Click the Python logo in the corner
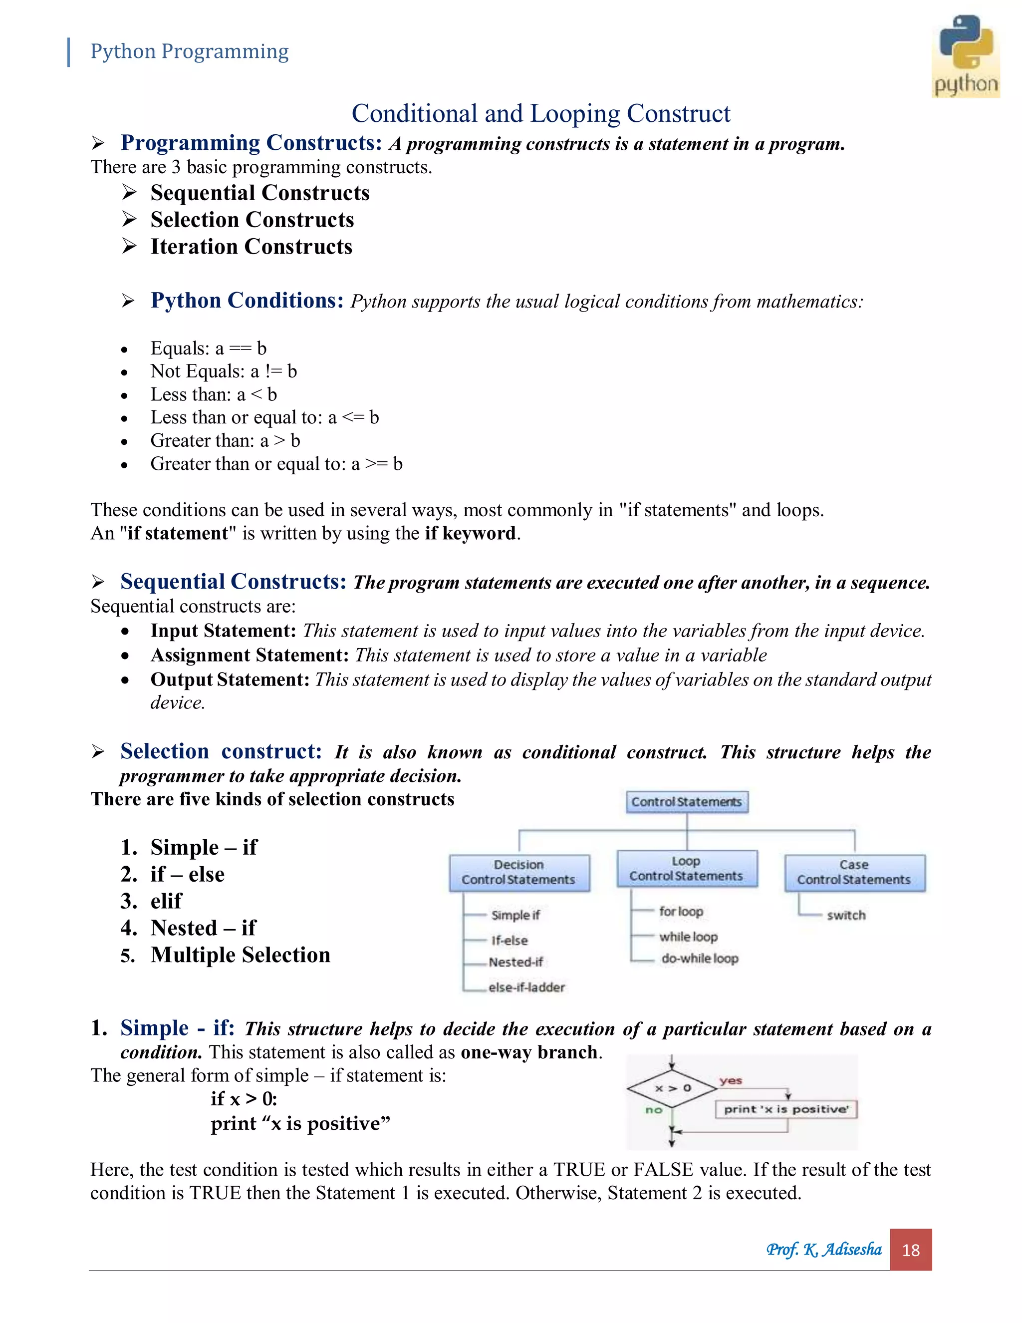[x=965, y=56]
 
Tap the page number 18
[x=910, y=1250]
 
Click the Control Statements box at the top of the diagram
[x=687, y=801]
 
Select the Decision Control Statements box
[x=519, y=872]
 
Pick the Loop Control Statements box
[x=687, y=869]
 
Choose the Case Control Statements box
[x=854, y=872]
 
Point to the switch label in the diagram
[x=846, y=915]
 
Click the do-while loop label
[x=699, y=959]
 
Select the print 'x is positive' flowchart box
[x=786, y=1109]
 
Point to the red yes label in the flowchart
[x=731, y=1081]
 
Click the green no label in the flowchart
[x=654, y=1110]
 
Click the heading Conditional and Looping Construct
[x=540, y=113]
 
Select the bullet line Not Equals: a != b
[x=224, y=371]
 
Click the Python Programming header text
[x=190, y=51]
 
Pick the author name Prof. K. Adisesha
[x=823, y=1249]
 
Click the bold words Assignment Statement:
[x=250, y=655]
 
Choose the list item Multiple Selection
[x=241, y=955]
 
